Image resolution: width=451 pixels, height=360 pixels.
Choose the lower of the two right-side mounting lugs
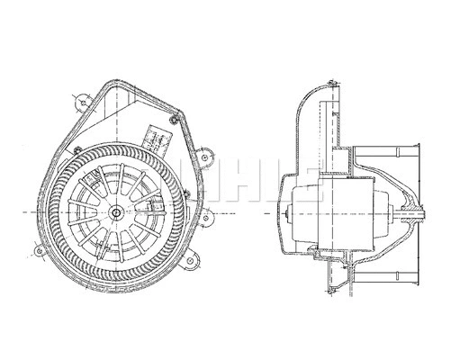(x=210, y=215)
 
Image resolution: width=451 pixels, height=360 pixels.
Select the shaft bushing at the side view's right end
(x=413, y=212)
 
